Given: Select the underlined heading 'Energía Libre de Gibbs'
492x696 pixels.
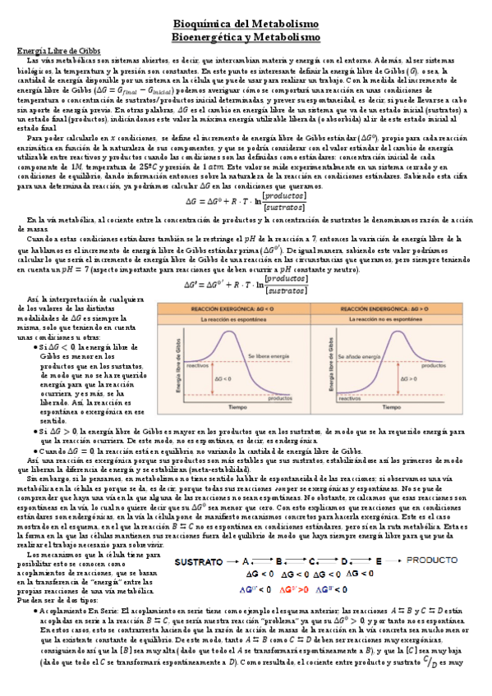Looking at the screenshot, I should [x=58, y=51].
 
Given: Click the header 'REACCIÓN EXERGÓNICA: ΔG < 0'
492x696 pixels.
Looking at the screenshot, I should [x=235, y=309].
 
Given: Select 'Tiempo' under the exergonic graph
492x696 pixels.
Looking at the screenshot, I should [x=237, y=407].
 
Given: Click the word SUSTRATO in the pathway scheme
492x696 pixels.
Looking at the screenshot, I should [x=200, y=538].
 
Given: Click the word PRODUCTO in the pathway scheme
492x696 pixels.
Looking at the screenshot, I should [x=434, y=538].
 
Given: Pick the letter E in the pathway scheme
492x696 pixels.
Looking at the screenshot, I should [x=378, y=538].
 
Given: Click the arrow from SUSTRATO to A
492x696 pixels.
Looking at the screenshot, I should [x=234, y=538].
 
